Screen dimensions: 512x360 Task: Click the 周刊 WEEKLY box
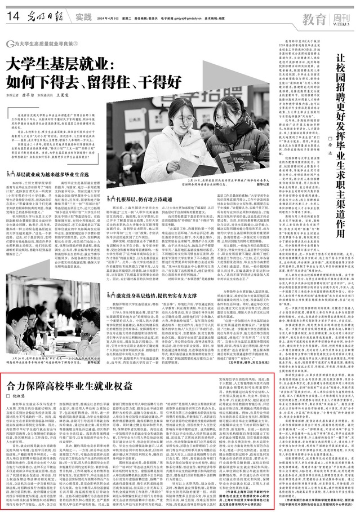340,19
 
